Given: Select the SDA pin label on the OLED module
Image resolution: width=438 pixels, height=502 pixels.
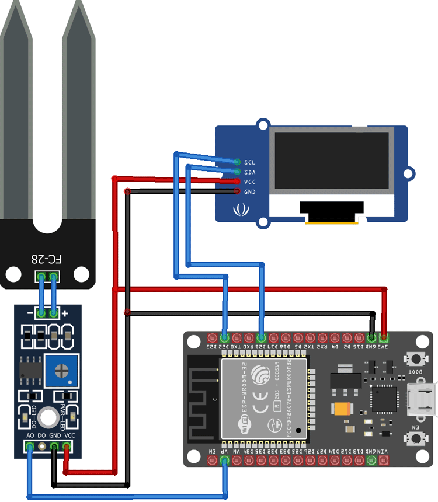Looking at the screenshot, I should tap(249, 172).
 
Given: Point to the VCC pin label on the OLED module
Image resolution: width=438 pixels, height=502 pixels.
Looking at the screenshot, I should tap(249, 182).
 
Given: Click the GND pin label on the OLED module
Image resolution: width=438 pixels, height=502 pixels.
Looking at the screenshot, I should tap(249, 191).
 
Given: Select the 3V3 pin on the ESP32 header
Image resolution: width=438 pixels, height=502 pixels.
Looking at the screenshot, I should tap(384, 337).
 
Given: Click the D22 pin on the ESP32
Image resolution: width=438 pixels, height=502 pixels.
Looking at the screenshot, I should tap(224, 337).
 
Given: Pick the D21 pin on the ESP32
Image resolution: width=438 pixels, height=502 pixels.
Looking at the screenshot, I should tap(261, 337).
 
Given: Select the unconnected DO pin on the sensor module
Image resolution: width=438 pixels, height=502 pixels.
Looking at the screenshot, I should tap(42, 447).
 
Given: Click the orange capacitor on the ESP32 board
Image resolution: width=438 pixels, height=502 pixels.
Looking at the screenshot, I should tap(341, 408).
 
